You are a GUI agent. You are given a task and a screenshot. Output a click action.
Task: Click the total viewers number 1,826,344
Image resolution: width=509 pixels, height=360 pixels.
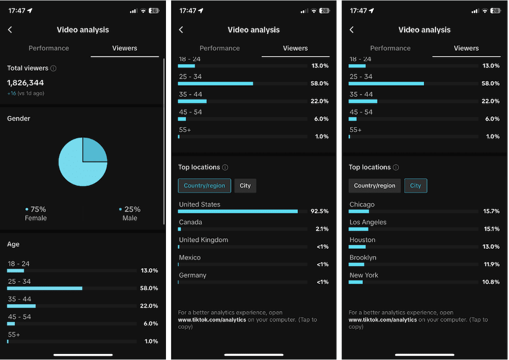pyautogui.click(x=25, y=82)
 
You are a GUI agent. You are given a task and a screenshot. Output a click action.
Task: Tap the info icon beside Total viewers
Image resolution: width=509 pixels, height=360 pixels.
pyautogui.click(x=53, y=68)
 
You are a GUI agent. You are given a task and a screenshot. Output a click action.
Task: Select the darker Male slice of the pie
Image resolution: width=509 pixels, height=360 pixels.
pyautogui.click(x=94, y=151)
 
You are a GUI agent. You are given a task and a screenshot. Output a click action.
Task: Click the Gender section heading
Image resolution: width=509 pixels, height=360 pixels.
pyautogui.click(x=19, y=118)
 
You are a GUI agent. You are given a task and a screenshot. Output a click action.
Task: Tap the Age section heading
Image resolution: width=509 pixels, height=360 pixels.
pyautogui.click(x=13, y=244)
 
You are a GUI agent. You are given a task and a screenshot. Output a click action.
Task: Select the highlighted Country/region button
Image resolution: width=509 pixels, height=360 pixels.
pyautogui.click(x=204, y=186)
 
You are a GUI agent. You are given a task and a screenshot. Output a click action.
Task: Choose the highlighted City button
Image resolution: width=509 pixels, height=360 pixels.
pyautogui.click(x=416, y=186)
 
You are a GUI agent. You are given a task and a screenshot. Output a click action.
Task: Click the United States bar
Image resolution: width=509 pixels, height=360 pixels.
pyautogui.click(x=238, y=211)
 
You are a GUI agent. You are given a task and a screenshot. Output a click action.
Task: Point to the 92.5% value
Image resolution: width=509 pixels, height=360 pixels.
pyautogui.click(x=320, y=211)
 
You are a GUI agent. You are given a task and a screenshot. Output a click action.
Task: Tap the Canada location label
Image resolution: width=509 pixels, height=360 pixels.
pyautogui.click(x=190, y=222)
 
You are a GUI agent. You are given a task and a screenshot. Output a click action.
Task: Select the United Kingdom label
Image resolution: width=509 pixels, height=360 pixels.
pyautogui.click(x=204, y=240)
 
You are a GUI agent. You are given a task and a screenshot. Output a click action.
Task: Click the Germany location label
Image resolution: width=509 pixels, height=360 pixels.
pyautogui.click(x=192, y=275)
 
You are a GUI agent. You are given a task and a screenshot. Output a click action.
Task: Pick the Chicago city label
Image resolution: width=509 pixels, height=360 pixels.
pyautogui.click(x=362, y=205)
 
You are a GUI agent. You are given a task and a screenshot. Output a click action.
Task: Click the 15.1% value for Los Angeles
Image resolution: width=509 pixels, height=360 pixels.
pyautogui.click(x=491, y=229)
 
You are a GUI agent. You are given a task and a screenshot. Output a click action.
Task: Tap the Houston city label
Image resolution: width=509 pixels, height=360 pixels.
pyautogui.click(x=362, y=240)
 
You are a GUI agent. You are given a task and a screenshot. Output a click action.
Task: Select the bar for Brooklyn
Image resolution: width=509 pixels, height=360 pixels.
pyautogui.click(x=356, y=264)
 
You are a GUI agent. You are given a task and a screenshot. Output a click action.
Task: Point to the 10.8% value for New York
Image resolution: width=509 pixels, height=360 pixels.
pyautogui.click(x=491, y=282)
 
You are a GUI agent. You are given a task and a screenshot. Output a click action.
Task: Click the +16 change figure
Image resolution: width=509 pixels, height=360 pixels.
pyautogui.click(x=12, y=94)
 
